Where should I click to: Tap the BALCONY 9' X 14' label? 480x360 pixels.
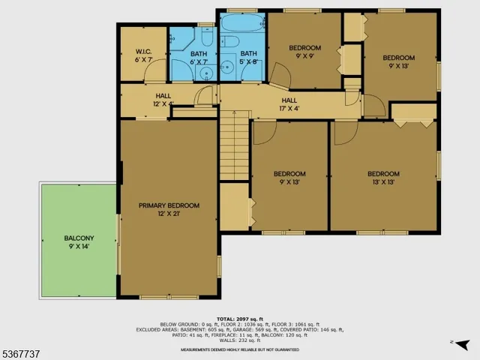pyautogui.click(x=78, y=243)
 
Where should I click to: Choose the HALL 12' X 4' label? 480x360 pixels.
pyautogui.click(x=163, y=100)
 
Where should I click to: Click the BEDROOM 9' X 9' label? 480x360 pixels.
pyautogui.click(x=304, y=51)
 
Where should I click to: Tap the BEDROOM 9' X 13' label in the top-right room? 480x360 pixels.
pyautogui.click(x=398, y=61)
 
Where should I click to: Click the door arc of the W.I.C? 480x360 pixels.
pyautogui.click(x=154, y=73)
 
